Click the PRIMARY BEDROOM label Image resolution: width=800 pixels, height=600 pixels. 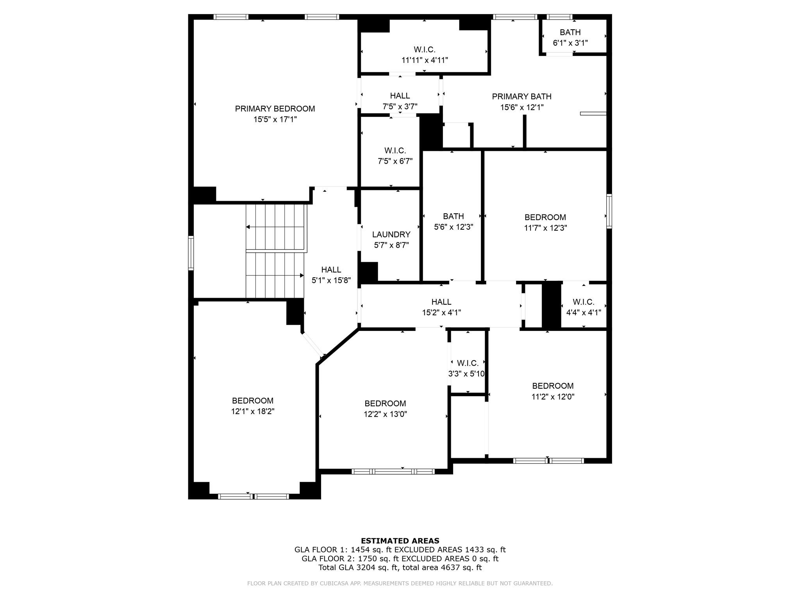275,109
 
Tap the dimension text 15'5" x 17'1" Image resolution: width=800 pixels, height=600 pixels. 275,120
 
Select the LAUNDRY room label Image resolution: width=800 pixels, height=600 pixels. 391,234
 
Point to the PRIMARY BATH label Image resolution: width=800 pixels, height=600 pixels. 521,96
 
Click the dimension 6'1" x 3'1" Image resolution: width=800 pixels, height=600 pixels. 570,43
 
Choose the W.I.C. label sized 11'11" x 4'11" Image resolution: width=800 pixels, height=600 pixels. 424,50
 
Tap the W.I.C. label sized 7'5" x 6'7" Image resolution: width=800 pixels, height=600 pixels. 395,151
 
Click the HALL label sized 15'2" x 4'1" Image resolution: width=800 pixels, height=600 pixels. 441,302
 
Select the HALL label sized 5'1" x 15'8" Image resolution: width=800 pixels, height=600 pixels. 331,270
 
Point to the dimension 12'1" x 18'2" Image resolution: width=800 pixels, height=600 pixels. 252,411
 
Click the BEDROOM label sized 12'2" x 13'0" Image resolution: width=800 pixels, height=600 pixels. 385,404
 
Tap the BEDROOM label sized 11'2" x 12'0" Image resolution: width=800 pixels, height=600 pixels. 552,386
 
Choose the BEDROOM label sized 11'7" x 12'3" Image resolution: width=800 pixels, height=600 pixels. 545,217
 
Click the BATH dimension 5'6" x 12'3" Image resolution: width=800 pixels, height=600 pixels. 453,227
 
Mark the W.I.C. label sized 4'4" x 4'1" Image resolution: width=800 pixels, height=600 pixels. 583,302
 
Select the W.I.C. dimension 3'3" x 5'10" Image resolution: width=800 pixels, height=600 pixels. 466,374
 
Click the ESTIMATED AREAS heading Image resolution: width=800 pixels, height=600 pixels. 400,541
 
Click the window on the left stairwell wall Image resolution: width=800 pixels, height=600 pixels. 191,253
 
